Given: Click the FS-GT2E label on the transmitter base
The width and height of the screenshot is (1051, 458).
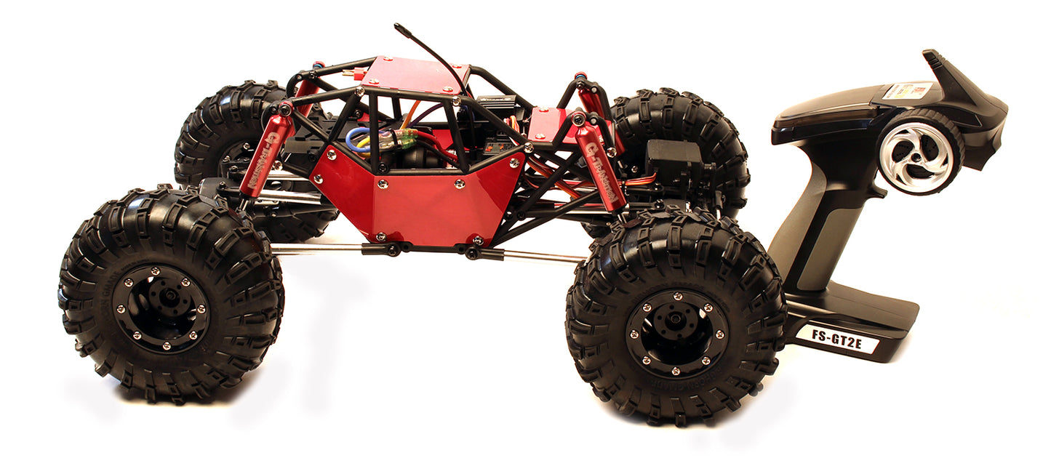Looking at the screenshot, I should pos(837,338).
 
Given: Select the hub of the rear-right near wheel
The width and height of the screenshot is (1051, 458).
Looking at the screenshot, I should pos(676,332).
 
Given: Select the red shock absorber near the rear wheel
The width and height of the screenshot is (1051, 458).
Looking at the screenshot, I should pos(600,166).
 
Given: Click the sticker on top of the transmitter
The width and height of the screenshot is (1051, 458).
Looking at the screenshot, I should pos(907,91).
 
